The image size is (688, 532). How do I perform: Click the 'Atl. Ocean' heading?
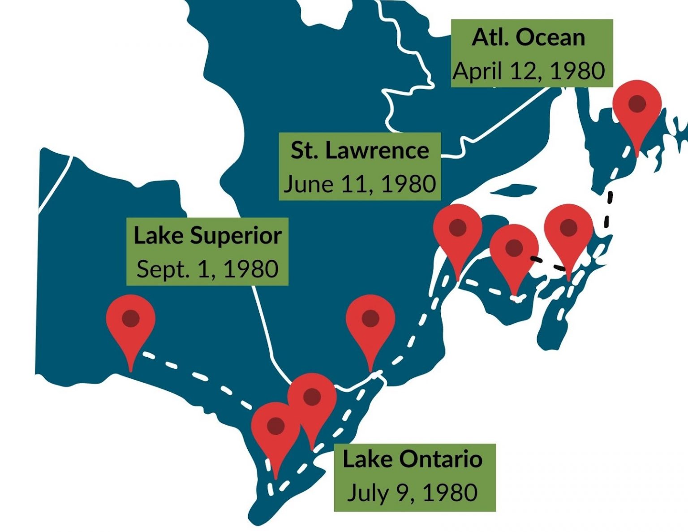click(529, 38)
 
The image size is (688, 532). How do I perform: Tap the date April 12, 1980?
click(529, 71)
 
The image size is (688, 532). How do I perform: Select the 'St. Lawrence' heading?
click(360, 151)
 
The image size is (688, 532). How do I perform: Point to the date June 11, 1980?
click(360, 184)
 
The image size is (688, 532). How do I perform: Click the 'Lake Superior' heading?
click(207, 236)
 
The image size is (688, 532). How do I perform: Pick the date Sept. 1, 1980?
click(207, 269)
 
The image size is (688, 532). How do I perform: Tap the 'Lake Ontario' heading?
click(413, 459)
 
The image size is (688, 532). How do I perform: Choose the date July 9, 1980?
click(413, 493)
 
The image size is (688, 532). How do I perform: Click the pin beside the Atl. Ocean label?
click(637, 106)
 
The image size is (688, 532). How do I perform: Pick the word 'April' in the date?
click(476, 71)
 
